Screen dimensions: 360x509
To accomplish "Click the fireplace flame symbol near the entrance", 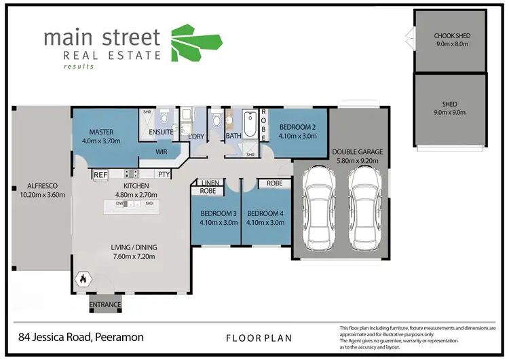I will click(83, 278).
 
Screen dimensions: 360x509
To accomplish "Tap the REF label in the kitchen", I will click(100, 175).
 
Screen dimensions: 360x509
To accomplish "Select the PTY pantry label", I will click(164, 175).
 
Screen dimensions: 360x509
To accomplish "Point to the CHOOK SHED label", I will click(451, 36).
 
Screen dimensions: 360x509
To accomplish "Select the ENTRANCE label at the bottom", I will click(105, 305).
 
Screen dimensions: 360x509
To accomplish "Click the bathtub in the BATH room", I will click(246, 124).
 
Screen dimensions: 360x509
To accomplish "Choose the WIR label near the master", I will click(162, 152).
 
